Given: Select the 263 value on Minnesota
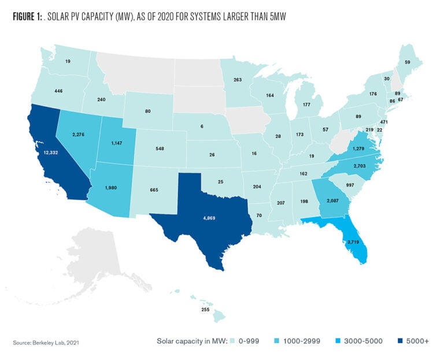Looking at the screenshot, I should point(237,80).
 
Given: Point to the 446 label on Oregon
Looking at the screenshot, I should point(42,91).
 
